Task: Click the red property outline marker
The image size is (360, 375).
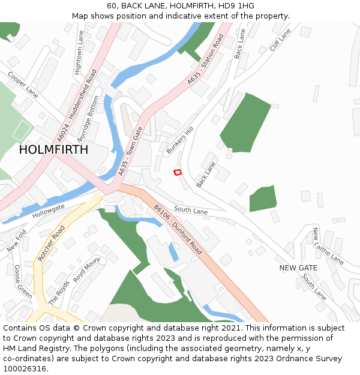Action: [178, 172]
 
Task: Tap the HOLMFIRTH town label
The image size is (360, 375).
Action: [53, 150]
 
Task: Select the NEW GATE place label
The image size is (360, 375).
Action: [298, 268]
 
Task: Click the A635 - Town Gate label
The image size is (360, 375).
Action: [130, 151]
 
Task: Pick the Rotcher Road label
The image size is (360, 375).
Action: [52, 244]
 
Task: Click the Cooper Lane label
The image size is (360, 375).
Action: [23, 85]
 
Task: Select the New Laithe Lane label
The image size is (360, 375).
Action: [328, 247]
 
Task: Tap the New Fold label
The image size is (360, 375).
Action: [17, 241]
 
